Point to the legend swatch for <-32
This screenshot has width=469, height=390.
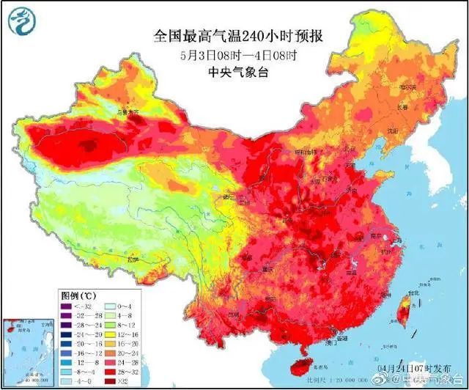[x=65, y=305]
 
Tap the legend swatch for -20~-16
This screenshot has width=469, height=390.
[x=65, y=343]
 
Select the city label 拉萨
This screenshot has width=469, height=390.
[x=132, y=259]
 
